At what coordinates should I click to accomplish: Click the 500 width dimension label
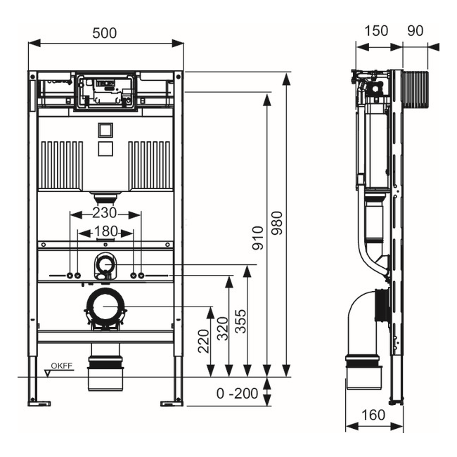pyautogui.click(x=105, y=33)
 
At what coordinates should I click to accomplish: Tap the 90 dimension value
pyautogui.click(x=416, y=32)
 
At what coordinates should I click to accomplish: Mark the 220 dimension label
pyautogui.click(x=204, y=342)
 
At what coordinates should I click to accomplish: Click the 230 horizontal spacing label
pyautogui.click(x=105, y=212)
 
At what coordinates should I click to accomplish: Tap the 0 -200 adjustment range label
pyautogui.click(x=237, y=394)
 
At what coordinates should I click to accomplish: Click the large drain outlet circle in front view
pyautogui.click(x=105, y=307)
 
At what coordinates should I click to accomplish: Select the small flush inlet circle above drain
pyautogui.click(x=105, y=265)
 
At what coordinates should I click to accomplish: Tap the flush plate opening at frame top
pyautogui.click(x=105, y=92)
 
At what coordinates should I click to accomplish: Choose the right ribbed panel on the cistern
pyautogui.click(x=150, y=165)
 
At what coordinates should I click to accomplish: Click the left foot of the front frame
pyautogui.click(x=38, y=402)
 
